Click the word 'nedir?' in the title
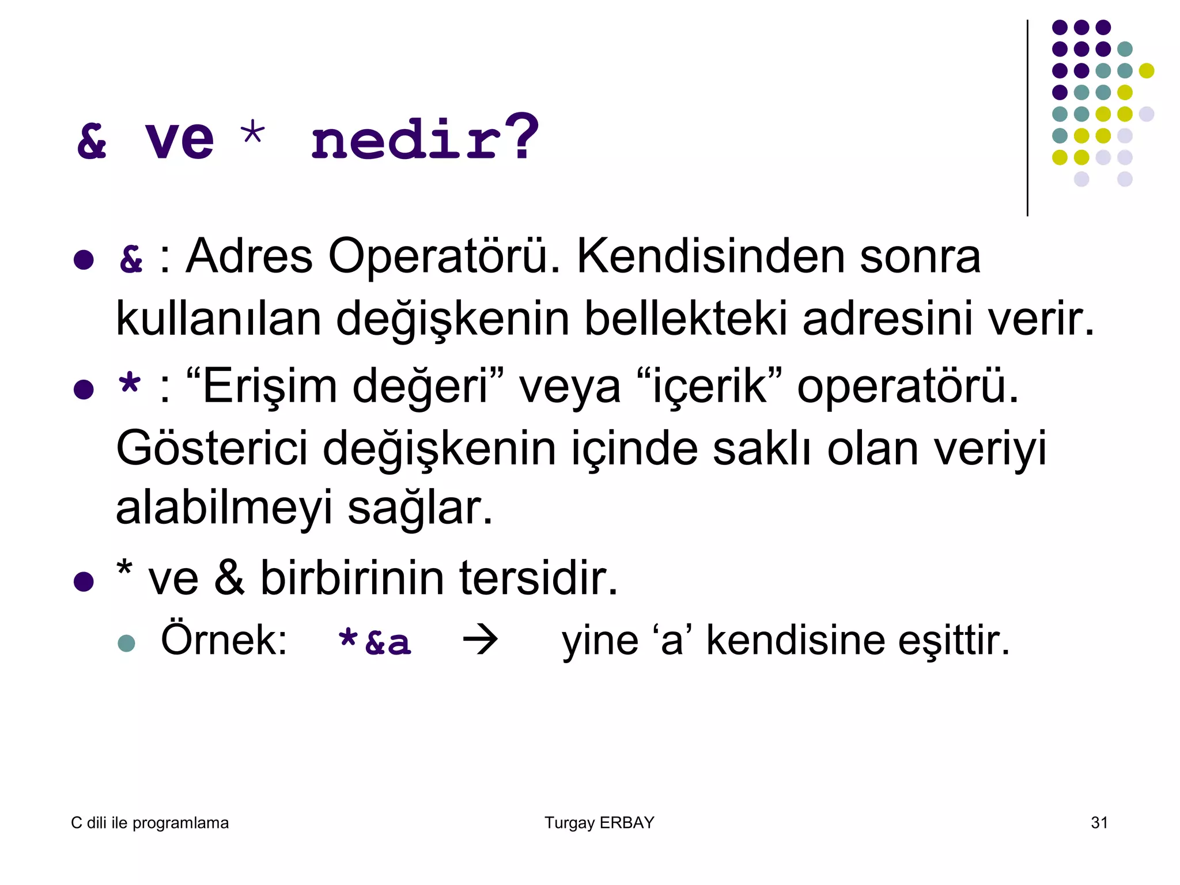425,138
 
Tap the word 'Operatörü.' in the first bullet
444,256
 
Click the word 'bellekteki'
686,319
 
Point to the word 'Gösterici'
212,449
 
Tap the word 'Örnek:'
224,640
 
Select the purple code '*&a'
375,642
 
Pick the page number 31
1099,823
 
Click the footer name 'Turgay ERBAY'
599,823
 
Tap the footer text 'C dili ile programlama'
150,823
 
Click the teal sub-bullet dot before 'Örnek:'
126,643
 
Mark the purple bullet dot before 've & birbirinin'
84,582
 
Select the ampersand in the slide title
92,141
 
